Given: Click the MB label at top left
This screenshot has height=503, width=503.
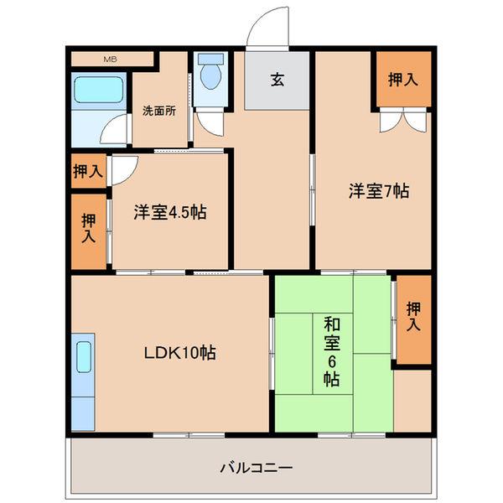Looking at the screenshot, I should tap(110, 59).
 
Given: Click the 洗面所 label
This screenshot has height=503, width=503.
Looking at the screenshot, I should tap(158, 111).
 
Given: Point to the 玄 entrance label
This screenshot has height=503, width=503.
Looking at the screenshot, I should tap(277, 80).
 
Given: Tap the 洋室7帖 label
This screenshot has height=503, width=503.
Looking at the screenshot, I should tap(379, 190).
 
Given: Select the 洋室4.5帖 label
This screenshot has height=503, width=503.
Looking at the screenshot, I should tap(169, 211).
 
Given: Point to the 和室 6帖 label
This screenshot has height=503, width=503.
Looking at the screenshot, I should tap(331, 350).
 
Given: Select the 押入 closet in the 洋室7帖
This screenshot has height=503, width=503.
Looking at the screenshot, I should tap(403, 80).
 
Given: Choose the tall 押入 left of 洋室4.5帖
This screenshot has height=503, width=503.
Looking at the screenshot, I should tap(89, 229).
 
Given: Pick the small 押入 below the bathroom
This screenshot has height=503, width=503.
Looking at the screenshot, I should tap(88, 172).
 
